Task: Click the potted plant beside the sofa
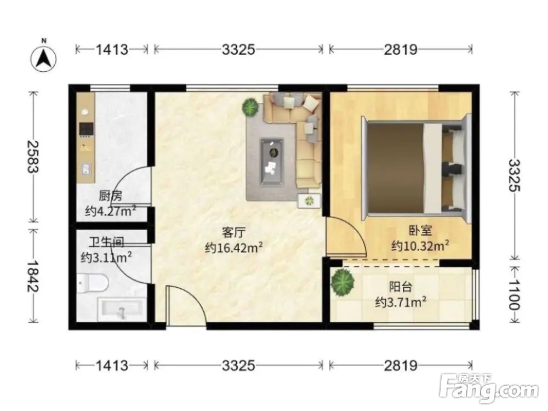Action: (250, 107)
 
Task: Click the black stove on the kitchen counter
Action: (86, 129)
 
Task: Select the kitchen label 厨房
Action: (111, 196)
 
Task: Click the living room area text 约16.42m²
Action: (233, 248)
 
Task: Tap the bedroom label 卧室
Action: (420, 231)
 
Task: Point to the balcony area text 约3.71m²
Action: (401, 301)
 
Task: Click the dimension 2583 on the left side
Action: (33, 157)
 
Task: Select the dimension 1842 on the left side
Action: (33, 276)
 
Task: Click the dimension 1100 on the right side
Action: (514, 294)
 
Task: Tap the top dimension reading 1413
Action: (112, 50)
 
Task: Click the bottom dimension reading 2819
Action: (401, 366)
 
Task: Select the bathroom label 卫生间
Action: (106, 242)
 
